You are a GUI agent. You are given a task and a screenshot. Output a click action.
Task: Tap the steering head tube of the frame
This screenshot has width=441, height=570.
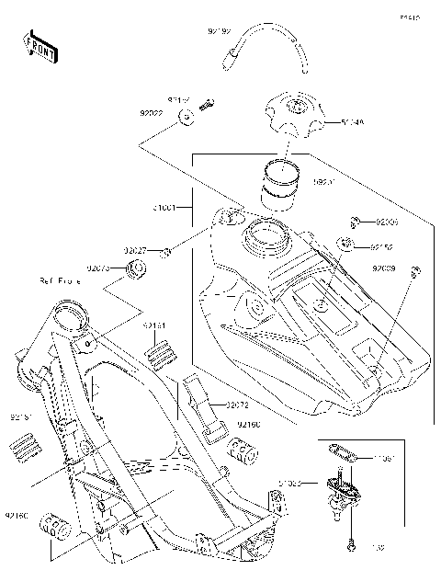[x=71, y=323]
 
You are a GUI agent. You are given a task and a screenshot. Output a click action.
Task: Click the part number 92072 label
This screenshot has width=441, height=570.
[x=236, y=405]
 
